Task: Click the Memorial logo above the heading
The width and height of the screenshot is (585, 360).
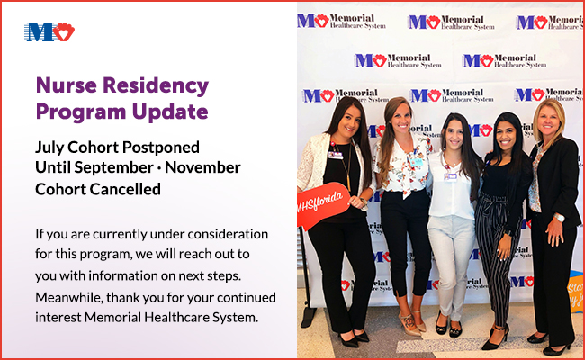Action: (49, 32)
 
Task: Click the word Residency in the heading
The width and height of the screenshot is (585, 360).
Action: (156, 86)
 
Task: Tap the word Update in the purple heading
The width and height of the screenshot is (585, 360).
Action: (170, 112)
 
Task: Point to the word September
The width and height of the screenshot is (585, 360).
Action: (113, 168)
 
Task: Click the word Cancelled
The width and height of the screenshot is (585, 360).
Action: (119, 190)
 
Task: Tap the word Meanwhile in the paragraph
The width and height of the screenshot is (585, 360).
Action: (68, 298)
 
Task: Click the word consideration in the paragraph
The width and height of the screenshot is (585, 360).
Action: (228, 234)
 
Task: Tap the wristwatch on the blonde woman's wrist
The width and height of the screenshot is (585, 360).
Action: (559, 218)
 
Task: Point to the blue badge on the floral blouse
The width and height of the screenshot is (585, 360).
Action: (417, 162)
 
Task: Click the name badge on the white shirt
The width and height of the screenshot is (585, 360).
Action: (450, 176)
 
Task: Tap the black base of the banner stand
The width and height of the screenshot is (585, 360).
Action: (308, 317)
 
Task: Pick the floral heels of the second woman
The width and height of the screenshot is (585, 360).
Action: (411, 323)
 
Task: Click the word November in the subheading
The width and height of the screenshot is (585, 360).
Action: (203, 167)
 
